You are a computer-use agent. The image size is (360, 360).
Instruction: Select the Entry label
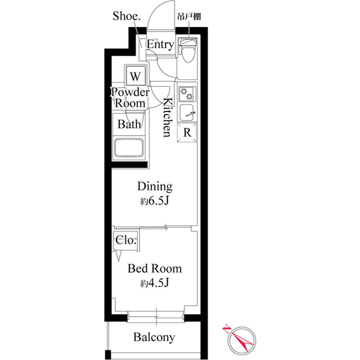[x=160, y=45]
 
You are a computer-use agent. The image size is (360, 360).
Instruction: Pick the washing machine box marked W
[x=136, y=75]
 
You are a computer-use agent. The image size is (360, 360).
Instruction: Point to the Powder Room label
[x=130, y=98]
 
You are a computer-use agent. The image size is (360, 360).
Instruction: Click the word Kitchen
[x=167, y=117]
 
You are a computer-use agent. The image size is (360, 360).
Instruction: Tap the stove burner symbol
[x=186, y=93]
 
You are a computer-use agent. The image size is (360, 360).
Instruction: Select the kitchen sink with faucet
[x=187, y=112]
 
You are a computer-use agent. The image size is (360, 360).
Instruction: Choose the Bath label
[x=129, y=124]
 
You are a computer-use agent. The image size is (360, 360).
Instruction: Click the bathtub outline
[x=130, y=149]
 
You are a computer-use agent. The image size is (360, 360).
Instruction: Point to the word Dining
[x=155, y=187]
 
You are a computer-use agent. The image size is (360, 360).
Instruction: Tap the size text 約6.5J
[x=155, y=201]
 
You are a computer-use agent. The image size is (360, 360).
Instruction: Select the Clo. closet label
[x=125, y=240]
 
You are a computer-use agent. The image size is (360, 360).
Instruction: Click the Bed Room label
[x=155, y=269]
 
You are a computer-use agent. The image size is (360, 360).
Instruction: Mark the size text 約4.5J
[x=155, y=283]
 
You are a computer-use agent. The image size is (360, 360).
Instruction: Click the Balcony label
[x=154, y=337]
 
